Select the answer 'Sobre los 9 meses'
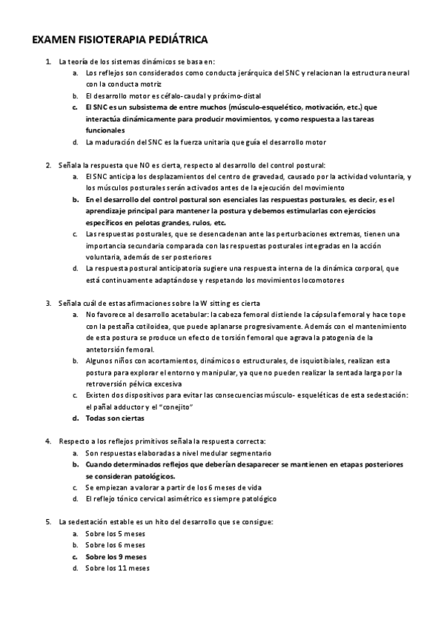(x=116, y=556)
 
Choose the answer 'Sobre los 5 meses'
(x=115, y=533)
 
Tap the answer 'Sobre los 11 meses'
(x=117, y=568)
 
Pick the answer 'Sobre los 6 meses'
(x=115, y=545)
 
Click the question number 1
(x=47, y=61)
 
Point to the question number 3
(x=47, y=303)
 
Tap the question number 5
(x=47, y=521)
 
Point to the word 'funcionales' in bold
(x=105, y=130)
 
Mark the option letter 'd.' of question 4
(x=76, y=498)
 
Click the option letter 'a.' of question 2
(x=76, y=176)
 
